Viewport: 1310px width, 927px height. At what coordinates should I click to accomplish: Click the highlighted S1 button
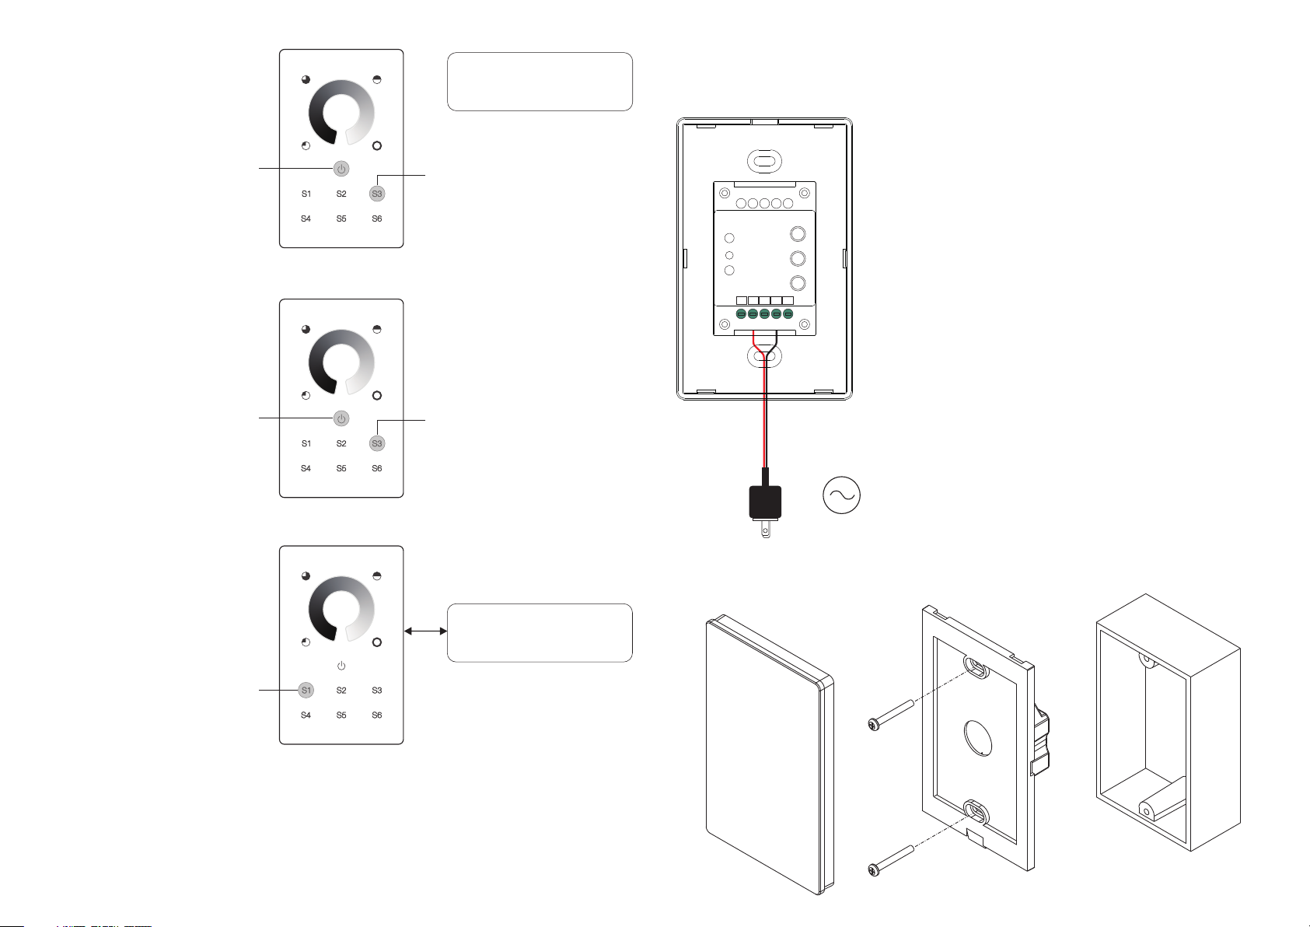tap(306, 690)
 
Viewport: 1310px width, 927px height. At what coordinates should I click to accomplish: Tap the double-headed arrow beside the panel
tap(426, 631)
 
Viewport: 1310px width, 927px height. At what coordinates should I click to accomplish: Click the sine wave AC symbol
tap(841, 495)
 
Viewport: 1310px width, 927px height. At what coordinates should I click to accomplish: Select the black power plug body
tap(765, 502)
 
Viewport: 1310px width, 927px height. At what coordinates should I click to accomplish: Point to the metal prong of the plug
tap(766, 529)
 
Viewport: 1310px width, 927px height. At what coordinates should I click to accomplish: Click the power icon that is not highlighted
tap(341, 666)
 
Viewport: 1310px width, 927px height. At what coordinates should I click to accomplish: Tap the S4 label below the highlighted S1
tap(306, 715)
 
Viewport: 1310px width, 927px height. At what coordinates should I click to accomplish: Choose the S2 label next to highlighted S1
tap(341, 690)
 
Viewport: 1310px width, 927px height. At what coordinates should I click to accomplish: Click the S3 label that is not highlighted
tap(377, 690)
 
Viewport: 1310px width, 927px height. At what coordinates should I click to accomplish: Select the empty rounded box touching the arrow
tap(540, 633)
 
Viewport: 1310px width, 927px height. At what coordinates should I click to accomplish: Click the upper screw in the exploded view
tap(891, 715)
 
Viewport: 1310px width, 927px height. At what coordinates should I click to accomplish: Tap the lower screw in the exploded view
tap(891, 861)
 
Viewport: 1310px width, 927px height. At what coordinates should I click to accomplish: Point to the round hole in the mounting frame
tap(978, 738)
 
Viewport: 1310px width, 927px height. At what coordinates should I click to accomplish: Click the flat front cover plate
tap(770, 754)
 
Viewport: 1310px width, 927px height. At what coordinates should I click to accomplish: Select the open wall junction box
tap(1169, 722)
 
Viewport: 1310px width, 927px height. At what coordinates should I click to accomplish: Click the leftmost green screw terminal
tap(741, 314)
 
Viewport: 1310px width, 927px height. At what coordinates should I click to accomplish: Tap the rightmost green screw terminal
tap(788, 314)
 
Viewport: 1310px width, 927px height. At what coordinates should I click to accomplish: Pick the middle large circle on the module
tap(798, 258)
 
